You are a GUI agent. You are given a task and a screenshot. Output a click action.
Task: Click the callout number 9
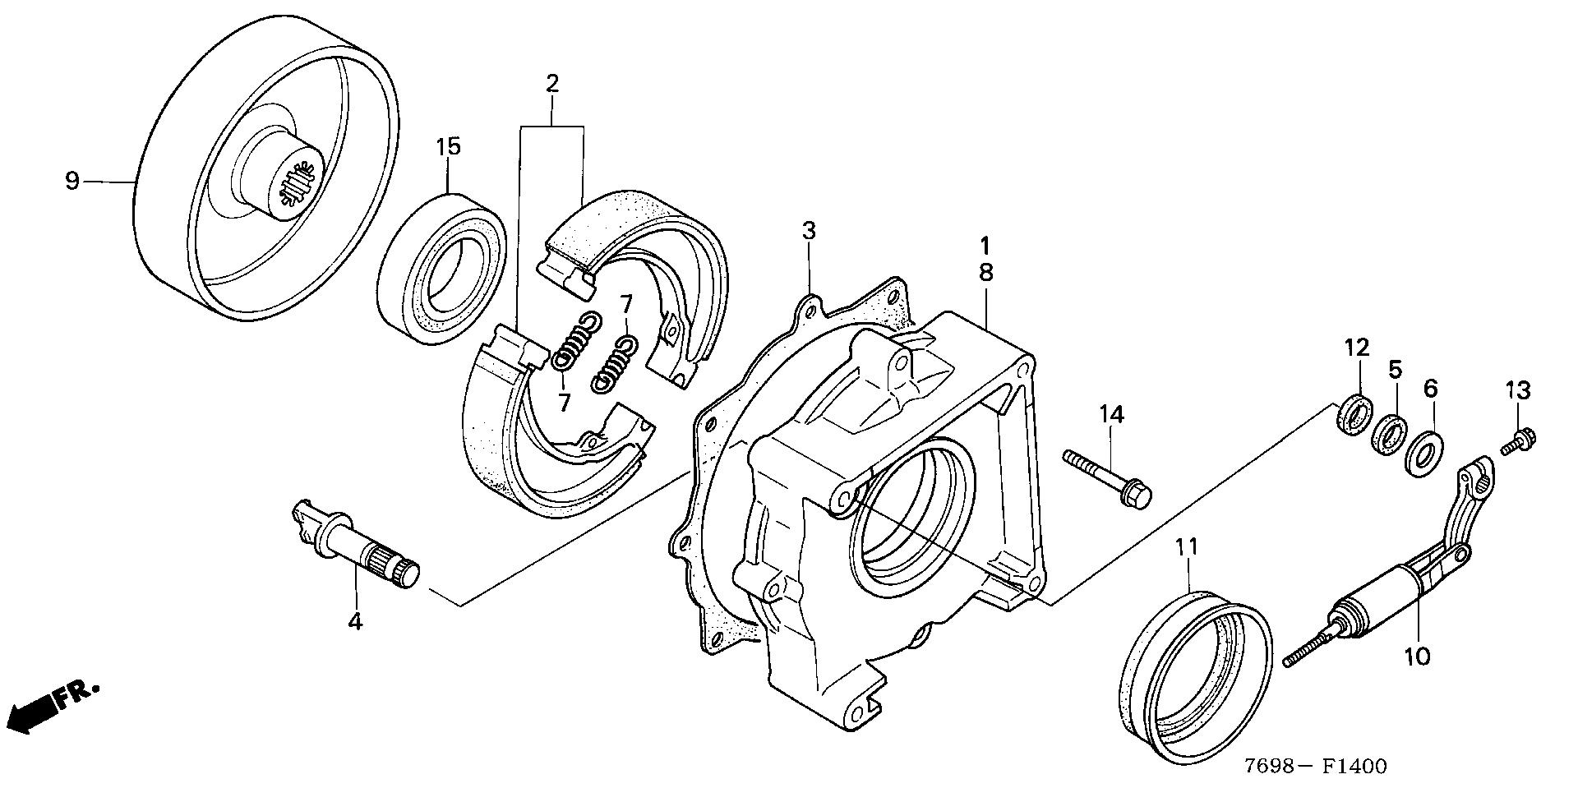tap(72, 181)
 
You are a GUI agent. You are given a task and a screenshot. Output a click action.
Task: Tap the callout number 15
tap(448, 148)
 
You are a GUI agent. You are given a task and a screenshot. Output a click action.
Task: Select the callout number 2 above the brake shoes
tap(551, 83)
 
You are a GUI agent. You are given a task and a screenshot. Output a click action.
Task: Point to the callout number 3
tap(809, 232)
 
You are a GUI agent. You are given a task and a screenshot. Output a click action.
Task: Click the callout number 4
tap(354, 621)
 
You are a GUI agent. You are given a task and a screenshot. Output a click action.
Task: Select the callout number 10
tap(1418, 656)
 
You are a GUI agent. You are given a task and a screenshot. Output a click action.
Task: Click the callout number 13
tap(1518, 391)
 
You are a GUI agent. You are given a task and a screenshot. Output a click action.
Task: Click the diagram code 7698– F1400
tap(1315, 766)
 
